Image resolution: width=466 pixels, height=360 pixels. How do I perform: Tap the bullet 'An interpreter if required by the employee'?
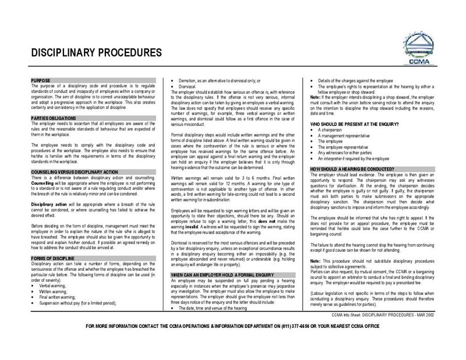(x=362, y=158)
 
